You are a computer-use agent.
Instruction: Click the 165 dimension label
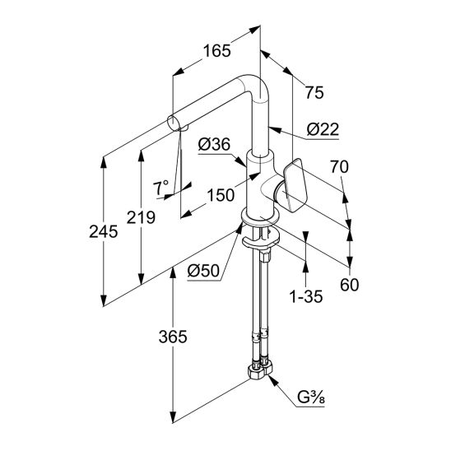pyautogui.click(x=217, y=51)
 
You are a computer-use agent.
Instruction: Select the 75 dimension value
pyautogui.click(x=314, y=93)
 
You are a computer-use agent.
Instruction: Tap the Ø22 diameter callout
pyautogui.click(x=323, y=129)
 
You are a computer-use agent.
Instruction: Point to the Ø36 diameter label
pyautogui.click(x=214, y=144)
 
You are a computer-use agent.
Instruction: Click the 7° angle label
pyautogui.click(x=160, y=188)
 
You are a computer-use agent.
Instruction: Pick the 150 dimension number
pyautogui.click(x=221, y=196)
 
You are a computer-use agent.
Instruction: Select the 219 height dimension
pyautogui.click(x=141, y=217)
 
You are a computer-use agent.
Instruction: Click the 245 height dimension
pyautogui.click(x=103, y=232)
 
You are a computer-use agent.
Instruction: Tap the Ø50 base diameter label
pyautogui.click(x=203, y=271)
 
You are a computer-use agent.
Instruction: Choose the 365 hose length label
pyautogui.click(x=173, y=337)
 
